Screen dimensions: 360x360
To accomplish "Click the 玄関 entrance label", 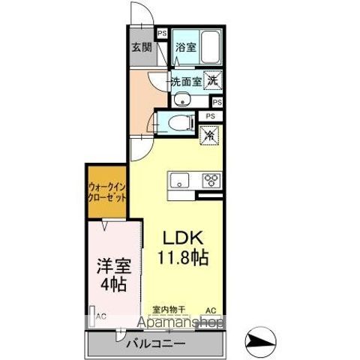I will (x=142, y=47).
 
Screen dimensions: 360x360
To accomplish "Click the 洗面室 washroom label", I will (x=185, y=81).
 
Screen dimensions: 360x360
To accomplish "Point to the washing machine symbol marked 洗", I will (x=212, y=80).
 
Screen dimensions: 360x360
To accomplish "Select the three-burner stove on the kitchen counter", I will (x=209, y=181).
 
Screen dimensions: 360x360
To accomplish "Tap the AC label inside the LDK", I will (x=211, y=309).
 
